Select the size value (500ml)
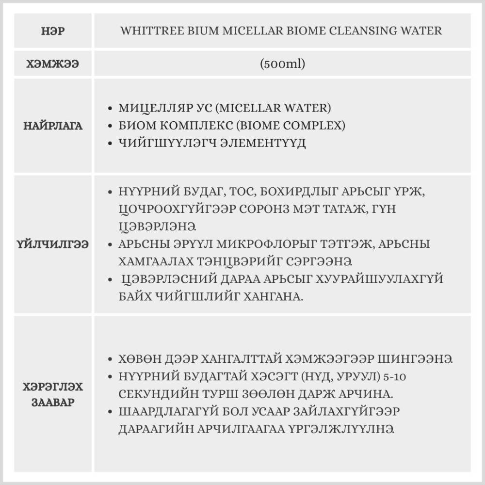click(282, 64)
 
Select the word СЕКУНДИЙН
click(154, 394)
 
